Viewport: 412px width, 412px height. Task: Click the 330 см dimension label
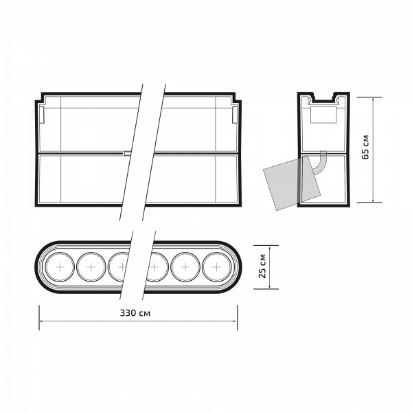click(135, 313)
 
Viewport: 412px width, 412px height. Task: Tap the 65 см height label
click(365, 147)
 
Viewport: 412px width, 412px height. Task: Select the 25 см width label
click(262, 266)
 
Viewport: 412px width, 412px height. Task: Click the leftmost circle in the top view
click(60, 267)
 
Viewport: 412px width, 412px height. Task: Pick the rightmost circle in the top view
click(217, 267)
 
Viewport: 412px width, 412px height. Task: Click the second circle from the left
click(91, 267)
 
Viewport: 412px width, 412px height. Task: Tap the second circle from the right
click(185, 267)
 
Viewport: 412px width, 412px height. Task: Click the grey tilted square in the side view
click(292, 183)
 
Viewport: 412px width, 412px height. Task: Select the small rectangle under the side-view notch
click(323, 115)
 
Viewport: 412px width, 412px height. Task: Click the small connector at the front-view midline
click(127, 153)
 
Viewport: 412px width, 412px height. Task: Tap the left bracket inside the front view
click(41, 115)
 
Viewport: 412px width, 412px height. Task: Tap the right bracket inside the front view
click(235, 115)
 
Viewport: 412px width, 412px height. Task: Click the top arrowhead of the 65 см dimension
click(374, 100)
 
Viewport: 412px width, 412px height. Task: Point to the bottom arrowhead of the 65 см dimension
click(374, 201)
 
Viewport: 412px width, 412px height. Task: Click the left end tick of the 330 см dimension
click(39, 317)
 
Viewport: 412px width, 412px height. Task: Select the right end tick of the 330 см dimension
click(238, 317)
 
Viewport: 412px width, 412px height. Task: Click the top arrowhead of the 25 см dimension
click(270, 248)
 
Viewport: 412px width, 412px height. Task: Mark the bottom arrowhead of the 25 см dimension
click(270, 286)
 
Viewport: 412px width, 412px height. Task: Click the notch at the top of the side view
click(323, 97)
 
